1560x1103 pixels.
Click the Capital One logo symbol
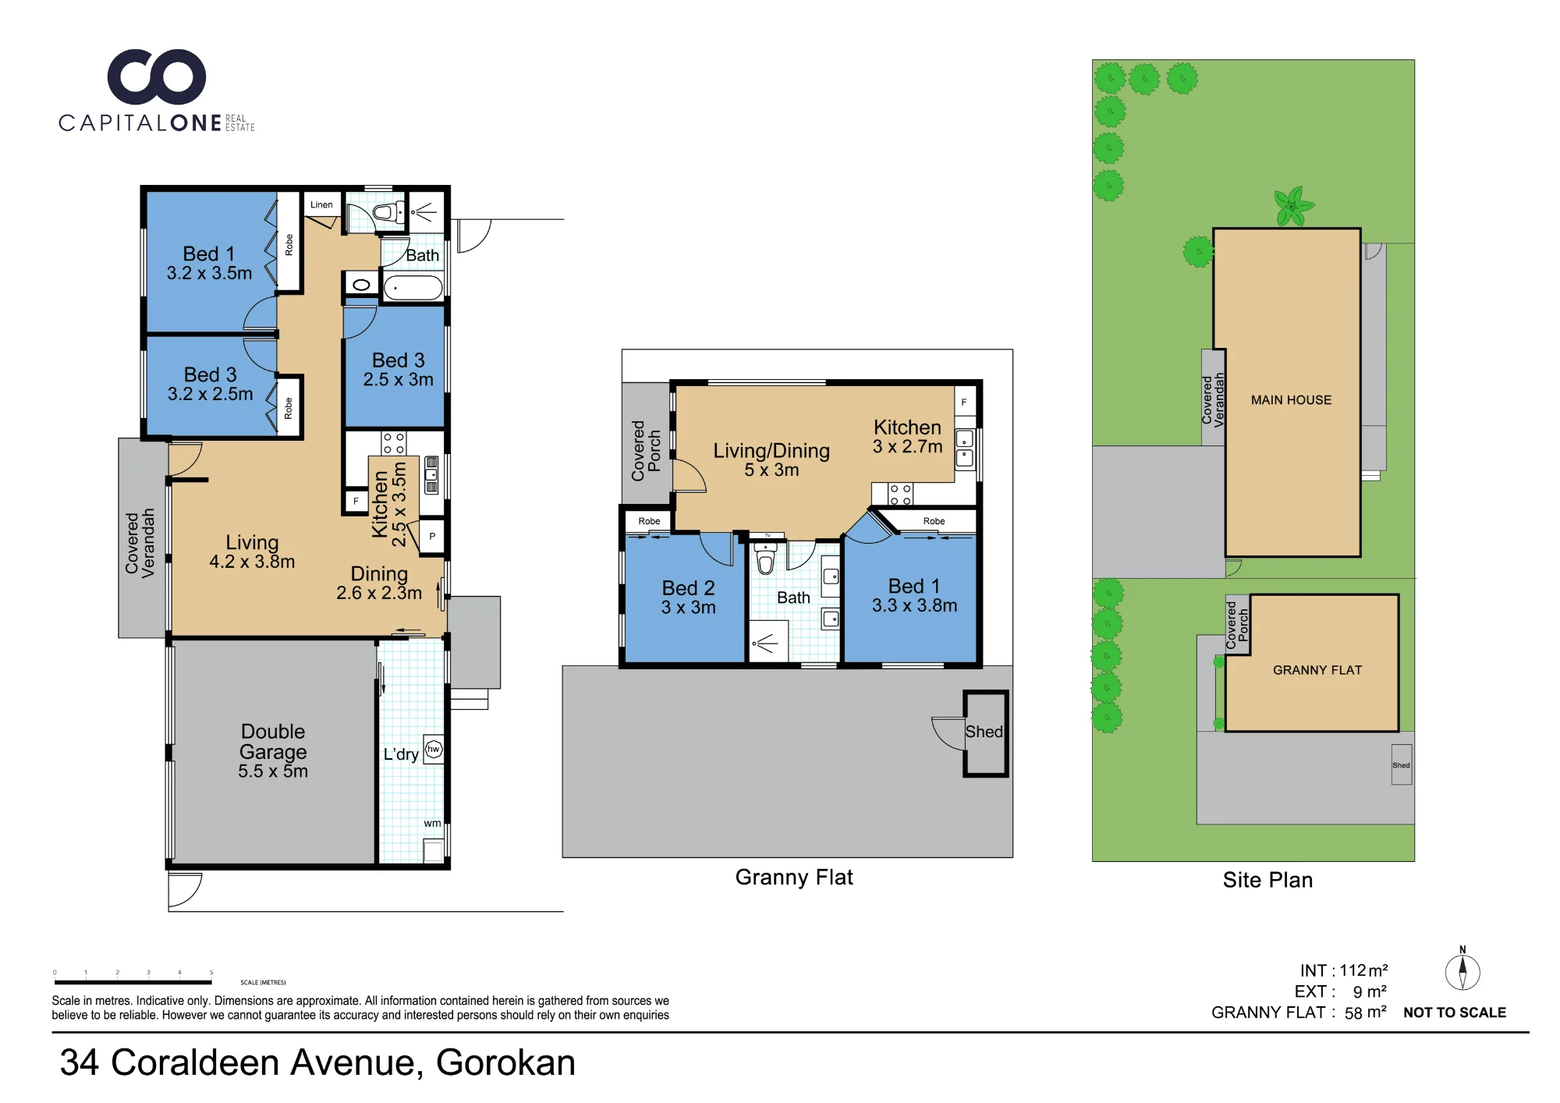[x=157, y=76]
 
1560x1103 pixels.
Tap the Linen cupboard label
[x=321, y=205]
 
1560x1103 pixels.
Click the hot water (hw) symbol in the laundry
[x=434, y=749]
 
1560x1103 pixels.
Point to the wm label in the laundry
[x=432, y=823]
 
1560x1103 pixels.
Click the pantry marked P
[x=432, y=537]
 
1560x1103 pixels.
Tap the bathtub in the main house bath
[x=413, y=287]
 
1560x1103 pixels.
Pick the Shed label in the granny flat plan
[x=984, y=732]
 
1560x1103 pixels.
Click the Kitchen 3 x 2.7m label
[x=907, y=437]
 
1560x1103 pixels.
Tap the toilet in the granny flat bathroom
[x=765, y=558]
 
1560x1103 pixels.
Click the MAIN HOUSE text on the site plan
[x=1291, y=400]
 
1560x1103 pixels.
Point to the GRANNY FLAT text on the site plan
[x=1317, y=670]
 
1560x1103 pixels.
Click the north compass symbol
[x=1462, y=971]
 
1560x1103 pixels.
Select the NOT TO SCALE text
[x=1455, y=1013]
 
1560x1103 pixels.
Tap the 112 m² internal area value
[x=1363, y=970]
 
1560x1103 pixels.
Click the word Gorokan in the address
[x=505, y=1062]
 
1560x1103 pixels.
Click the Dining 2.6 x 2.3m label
[x=379, y=583]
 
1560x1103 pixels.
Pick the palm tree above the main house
[x=1292, y=206]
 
